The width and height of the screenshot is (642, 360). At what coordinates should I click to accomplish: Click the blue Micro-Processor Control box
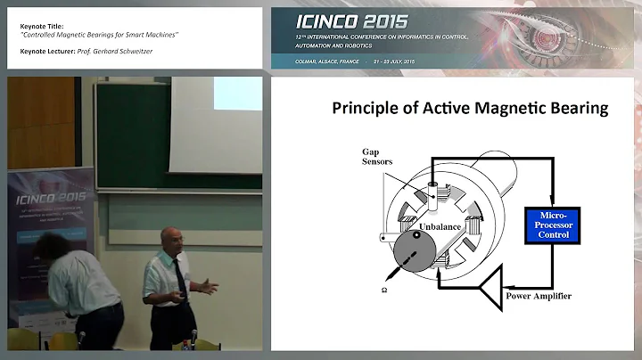pos(548,224)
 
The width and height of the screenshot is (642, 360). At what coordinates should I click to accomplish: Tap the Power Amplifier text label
pos(538,296)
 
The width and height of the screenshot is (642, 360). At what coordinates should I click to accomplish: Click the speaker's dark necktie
pos(179,275)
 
